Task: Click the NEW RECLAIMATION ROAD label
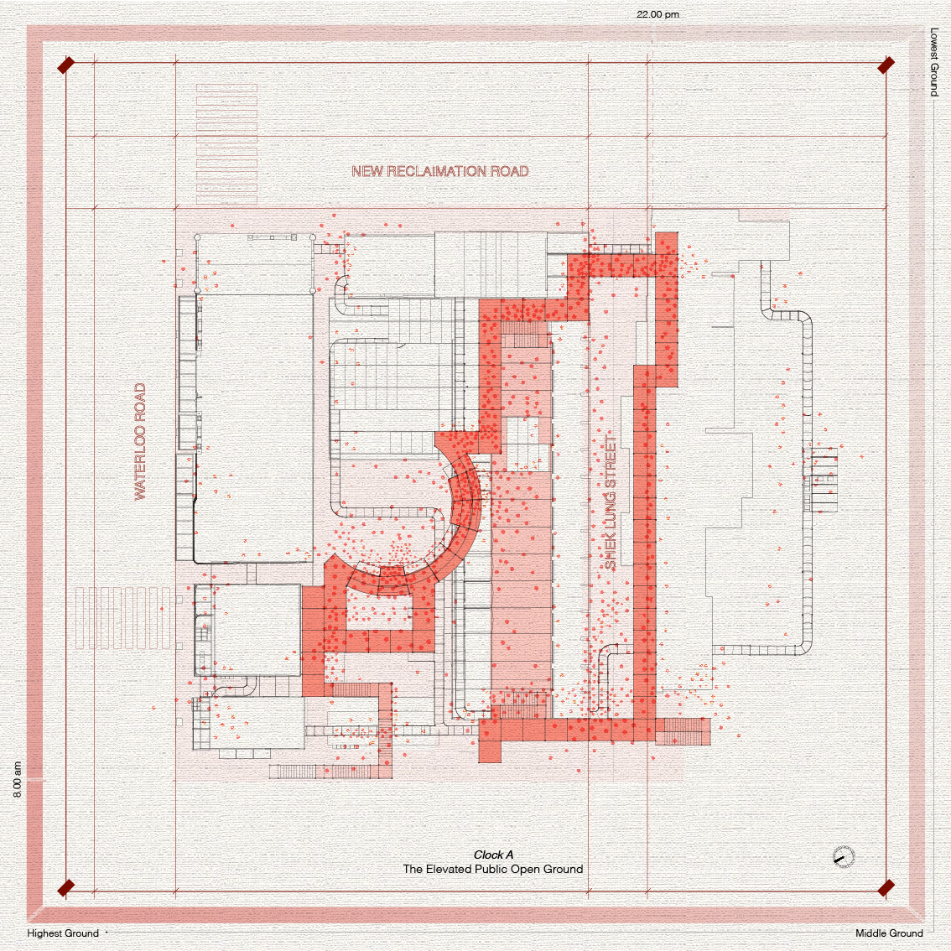(439, 171)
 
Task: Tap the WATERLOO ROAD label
(140, 441)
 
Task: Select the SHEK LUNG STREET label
(611, 502)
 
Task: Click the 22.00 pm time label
(657, 14)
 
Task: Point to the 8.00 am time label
(17, 779)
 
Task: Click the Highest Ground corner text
(62, 933)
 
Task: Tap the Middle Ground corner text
(889, 933)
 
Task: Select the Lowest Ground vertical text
(934, 62)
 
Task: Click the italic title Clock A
(493, 855)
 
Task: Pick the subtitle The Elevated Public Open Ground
(493, 869)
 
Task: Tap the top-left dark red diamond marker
(65, 65)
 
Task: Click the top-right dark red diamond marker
(886, 65)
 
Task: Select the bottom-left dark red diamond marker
(65, 888)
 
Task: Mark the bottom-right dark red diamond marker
(886, 888)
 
